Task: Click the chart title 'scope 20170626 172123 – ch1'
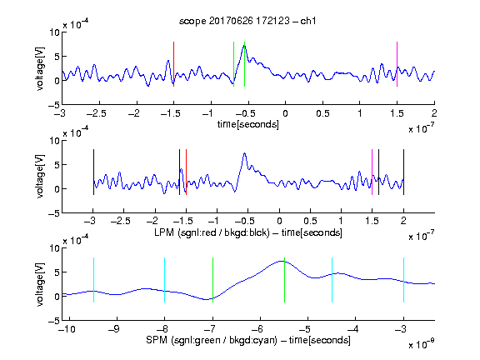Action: [x=247, y=21]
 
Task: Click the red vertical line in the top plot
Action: [x=173, y=64]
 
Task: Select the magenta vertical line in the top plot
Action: [x=397, y=64]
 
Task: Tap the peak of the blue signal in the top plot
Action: [x=244, y=45]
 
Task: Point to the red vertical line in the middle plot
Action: [x=186, y=172]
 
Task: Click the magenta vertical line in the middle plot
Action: [x=372, y=172]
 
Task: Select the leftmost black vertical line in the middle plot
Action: [x=93, y=172]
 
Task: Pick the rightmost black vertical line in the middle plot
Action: [x=403, y=172]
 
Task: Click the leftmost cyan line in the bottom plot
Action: [x=93, y=280]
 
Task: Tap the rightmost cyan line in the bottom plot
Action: [x=403, y=280]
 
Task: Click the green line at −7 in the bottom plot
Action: [x=212, y=280]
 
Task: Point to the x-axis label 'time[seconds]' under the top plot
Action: [x=248, y=124]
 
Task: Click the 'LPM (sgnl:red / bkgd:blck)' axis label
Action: [x=212, y=232]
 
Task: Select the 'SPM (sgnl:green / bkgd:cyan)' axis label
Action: [x=212, y=340]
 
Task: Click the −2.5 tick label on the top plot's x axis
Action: [x=97, y=114]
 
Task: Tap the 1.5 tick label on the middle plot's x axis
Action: [x=372, y=221]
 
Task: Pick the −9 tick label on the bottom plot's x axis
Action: [x=114, y=329]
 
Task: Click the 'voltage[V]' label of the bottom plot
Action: [x=40, y=285]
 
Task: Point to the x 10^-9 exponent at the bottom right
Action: [x=422, y=344]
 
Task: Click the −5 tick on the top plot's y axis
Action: [x=54, y=105]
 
